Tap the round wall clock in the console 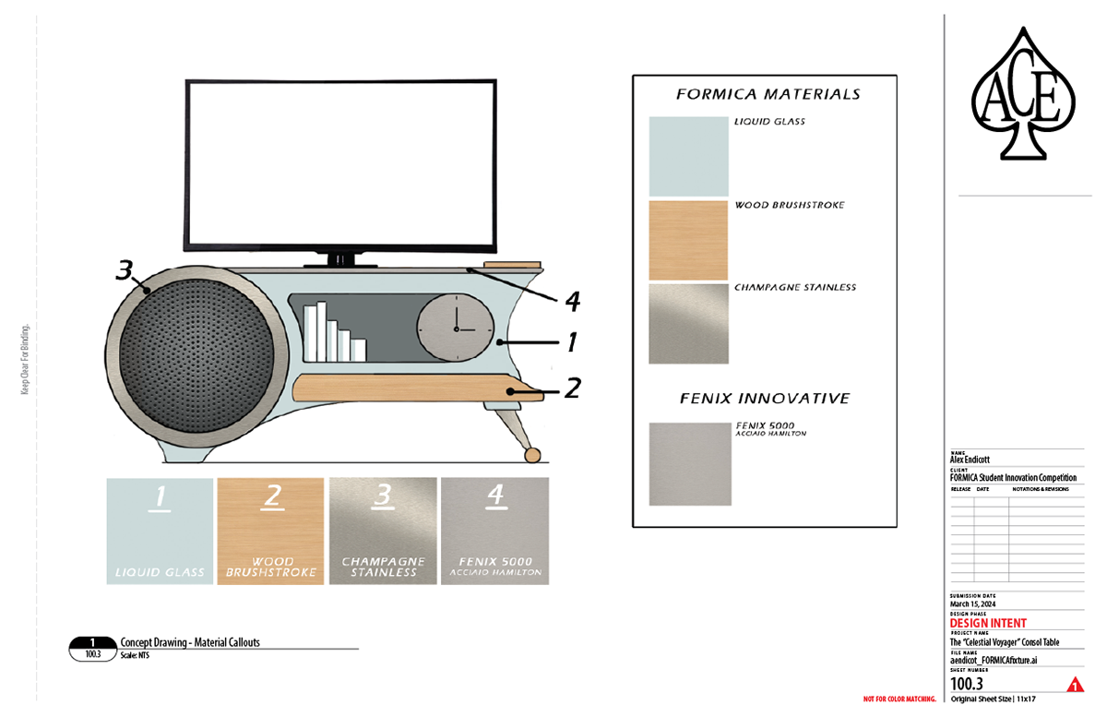pos(453,327)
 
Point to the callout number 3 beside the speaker pos(125,270)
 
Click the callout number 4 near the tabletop pos(571,301)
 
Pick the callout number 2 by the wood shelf pos(572,388)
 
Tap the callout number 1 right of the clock pos(571,342)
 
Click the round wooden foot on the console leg pos(532,455)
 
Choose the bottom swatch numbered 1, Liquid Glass pos(160,531)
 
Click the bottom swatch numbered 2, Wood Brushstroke pos(271,531)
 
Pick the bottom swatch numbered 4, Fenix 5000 pos(495,531)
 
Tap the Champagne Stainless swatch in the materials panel pos(688,324)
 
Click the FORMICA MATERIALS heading pos(768,94)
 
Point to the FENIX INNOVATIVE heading pos(765,399)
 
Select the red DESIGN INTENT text pos(988,624)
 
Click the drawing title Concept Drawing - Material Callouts pos(190,642)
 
